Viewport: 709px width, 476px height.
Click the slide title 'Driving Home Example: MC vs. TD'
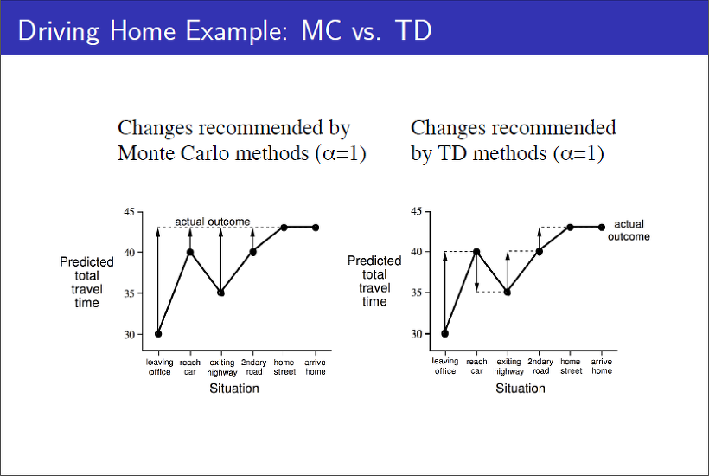[224, 31]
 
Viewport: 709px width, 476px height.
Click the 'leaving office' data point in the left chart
[158, 333]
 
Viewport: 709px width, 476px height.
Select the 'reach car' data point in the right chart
[476, 252]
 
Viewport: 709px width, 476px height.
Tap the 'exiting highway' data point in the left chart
[220, 293]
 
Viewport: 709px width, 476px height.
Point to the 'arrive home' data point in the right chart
[602, 227]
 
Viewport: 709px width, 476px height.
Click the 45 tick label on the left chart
[129, 212]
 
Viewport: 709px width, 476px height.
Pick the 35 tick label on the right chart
[416, 293]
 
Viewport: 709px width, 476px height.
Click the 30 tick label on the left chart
[129, 334]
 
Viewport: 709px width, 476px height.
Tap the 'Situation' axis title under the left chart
[233, 389]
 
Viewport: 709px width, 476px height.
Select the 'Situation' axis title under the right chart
[521, 389]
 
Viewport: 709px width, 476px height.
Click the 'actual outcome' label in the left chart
[213, 222]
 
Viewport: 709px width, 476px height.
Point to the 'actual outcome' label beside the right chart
[629, 230]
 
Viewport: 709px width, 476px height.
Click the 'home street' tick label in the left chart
[284, 367]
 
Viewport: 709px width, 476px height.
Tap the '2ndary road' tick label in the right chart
[540, 366]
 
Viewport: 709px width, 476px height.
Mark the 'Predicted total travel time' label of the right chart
[374, 281]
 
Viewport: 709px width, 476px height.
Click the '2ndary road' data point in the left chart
[252, 252]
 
